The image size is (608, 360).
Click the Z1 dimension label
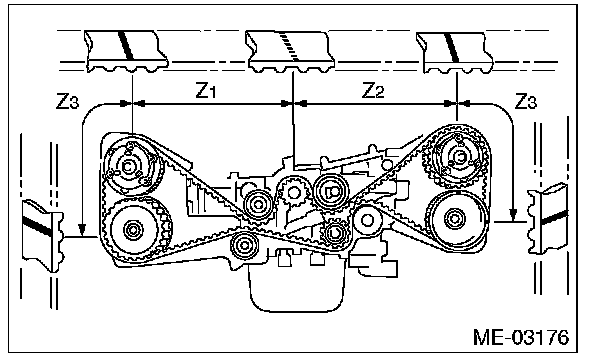205,90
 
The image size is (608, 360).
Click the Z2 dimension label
373,90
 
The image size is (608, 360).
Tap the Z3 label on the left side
67,101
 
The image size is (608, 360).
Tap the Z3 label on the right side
525,101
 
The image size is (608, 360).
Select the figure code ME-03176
521,338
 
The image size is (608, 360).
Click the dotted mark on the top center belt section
290,46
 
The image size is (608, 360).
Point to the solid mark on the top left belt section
126,45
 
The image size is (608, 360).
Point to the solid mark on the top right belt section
452,47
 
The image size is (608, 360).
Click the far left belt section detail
43,235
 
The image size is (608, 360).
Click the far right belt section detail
548,218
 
